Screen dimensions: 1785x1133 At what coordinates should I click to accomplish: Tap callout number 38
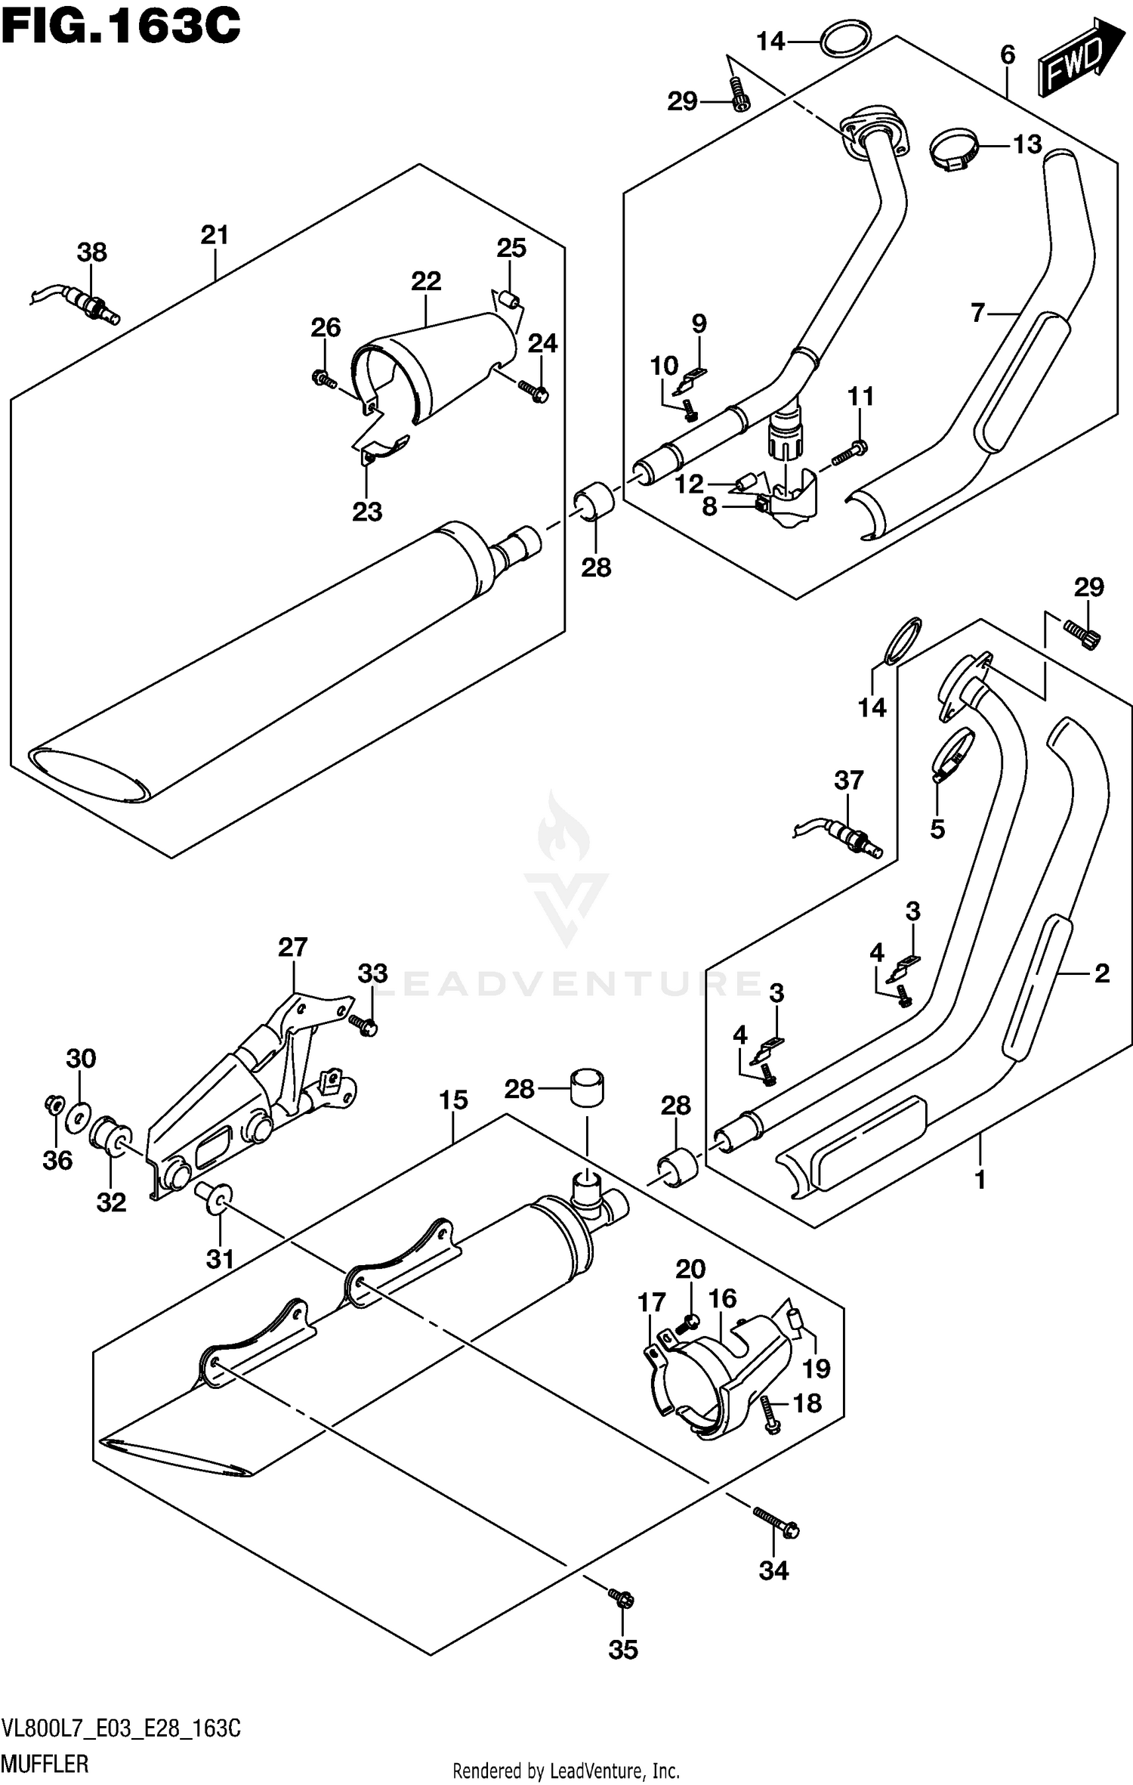pos(91,252)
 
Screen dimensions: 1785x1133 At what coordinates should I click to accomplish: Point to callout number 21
pos(215,236)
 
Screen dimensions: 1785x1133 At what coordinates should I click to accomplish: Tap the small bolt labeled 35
pos(622,1598)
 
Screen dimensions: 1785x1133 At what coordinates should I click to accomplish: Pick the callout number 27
pos(293,947)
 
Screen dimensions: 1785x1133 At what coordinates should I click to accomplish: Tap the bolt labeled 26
pos(323,378)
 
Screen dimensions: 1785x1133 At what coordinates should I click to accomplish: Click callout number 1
pos(980,1179)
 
